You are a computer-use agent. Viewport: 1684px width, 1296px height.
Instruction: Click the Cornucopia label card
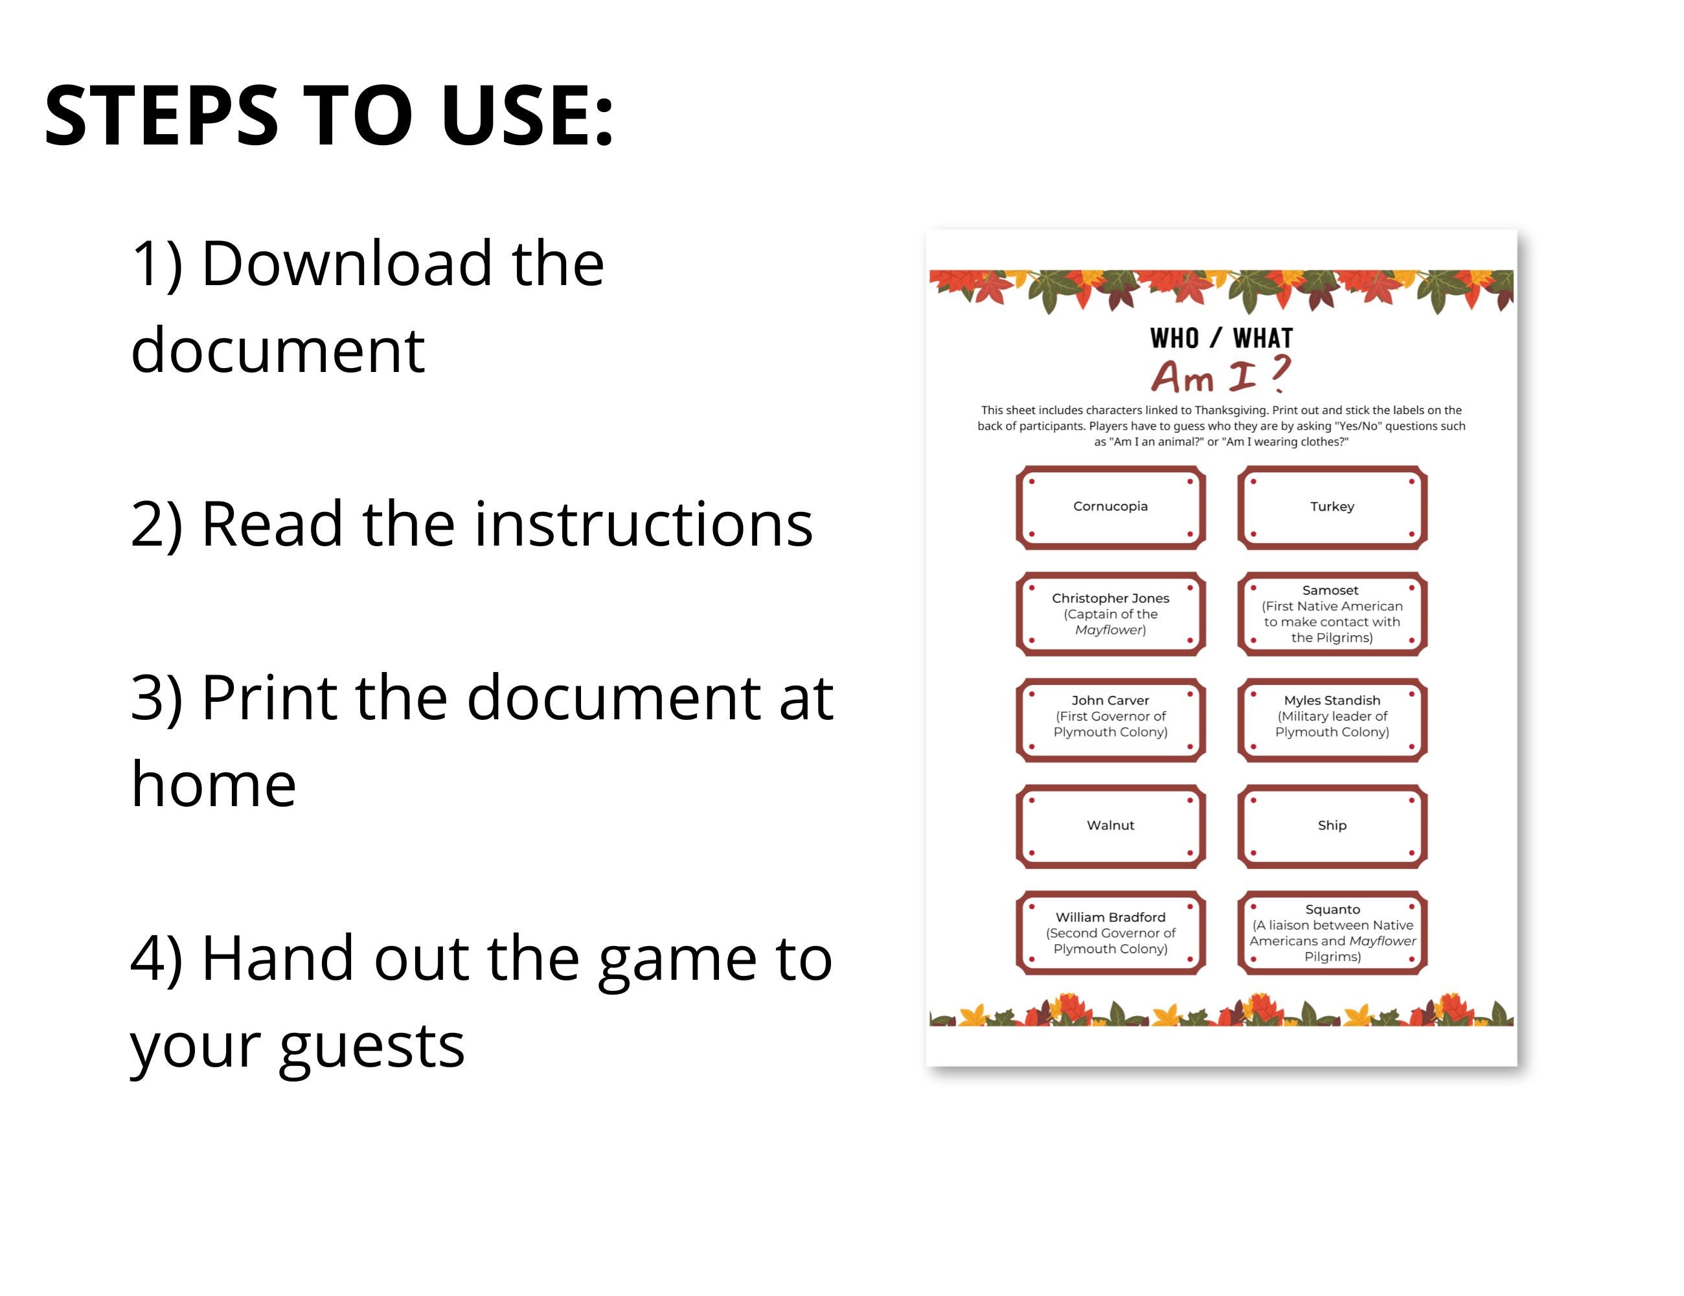[1110, 507]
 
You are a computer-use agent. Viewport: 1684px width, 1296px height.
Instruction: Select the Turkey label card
[1332, 507]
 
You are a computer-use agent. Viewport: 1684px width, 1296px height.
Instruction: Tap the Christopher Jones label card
[1110, 614]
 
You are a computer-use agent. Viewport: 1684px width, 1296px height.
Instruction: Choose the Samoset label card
[1332, 614]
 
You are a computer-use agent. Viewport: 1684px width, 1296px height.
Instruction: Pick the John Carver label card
[1110, 721]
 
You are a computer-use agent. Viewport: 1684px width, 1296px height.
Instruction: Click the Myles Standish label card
[1332, 721]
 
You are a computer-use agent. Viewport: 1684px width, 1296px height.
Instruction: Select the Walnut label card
[1110, 827]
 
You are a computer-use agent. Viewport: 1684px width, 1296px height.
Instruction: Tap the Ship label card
[1332, 827]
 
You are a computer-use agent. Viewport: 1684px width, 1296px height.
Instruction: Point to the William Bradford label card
[1110, 933]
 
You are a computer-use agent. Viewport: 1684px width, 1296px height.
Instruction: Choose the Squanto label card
[1332, 933]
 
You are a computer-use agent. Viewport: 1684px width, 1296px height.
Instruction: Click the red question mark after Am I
[1279, 373]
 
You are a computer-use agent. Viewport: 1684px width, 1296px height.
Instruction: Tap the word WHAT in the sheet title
[1263, 338]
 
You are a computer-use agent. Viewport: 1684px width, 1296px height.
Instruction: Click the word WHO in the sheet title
[1174, 338]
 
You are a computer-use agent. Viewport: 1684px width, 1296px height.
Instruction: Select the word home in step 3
[214, 784]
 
